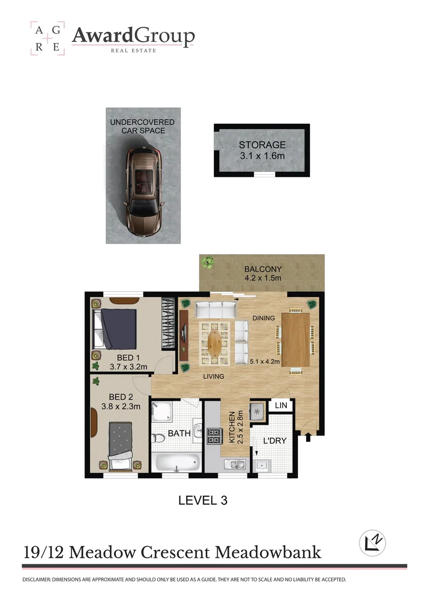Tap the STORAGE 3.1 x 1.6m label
pyautogui.click(x=262, y=150)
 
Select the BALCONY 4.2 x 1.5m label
pyautogui.click(x=263, y=274)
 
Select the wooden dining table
pyautogui.click(x=296, y=339)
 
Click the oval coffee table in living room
pyautogui.click(x=216, y=342)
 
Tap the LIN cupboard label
pyautogui.click(x=281, y=406)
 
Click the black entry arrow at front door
pyautogui.click(x=308, y=437)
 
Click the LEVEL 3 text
pyautogui.click(x=203, y=501)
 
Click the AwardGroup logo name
pyautogui.click(x=133, y=36)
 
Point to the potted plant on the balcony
pyautogui.click(x=208, y=262)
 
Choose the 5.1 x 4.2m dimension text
pyautogui.click(x=266, y=362)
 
